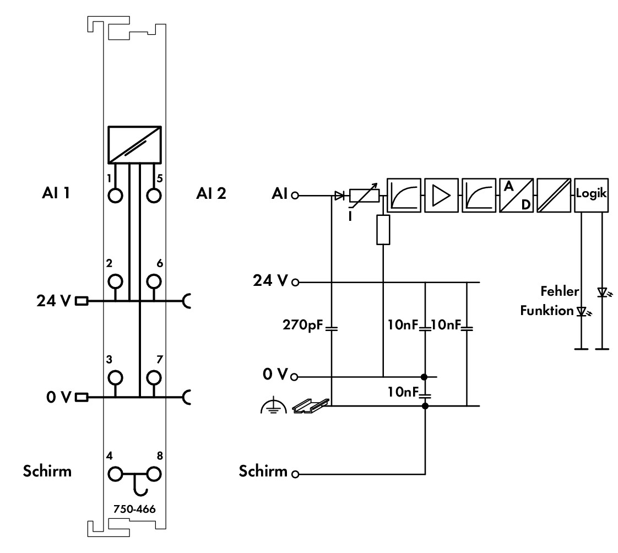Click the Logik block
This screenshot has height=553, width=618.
tap(591, 195)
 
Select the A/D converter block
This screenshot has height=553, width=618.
tap(516, 195)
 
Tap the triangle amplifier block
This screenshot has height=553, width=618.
tap(441, 195)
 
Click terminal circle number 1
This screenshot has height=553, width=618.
tap(115, 196)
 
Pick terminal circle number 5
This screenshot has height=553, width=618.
tap(154, 196)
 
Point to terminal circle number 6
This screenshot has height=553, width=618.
tap(154, 281)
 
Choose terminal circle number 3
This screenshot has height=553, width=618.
tap(115, 378)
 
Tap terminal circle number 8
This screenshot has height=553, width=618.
tap(154, 474)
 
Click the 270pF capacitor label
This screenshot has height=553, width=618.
tap(302, 325)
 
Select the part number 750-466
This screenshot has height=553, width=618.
tap(134, 509)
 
